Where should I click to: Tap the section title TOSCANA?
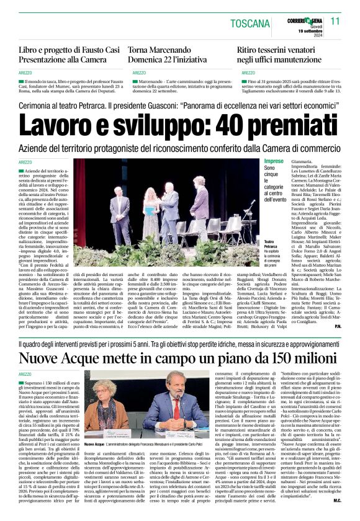[252, 24]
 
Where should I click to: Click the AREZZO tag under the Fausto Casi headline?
[26, 73]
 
